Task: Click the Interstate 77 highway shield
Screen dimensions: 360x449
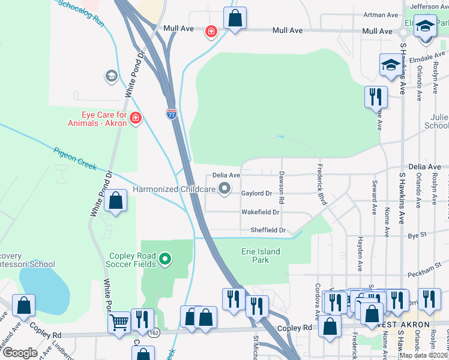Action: [172, 114]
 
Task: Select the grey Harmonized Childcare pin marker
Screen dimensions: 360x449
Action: [225, 190]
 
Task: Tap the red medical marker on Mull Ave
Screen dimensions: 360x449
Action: [211, 31]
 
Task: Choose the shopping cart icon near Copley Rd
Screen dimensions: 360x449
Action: [119, 323]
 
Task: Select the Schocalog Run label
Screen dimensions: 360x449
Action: [82, 11]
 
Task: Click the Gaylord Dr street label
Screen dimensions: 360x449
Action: [256, 193]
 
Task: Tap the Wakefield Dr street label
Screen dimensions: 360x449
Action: [261, 212]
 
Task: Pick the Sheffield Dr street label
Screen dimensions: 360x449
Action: [267, 230]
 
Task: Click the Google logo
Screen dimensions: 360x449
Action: [20, 353]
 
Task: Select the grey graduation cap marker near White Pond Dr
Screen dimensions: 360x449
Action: [111, 76]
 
